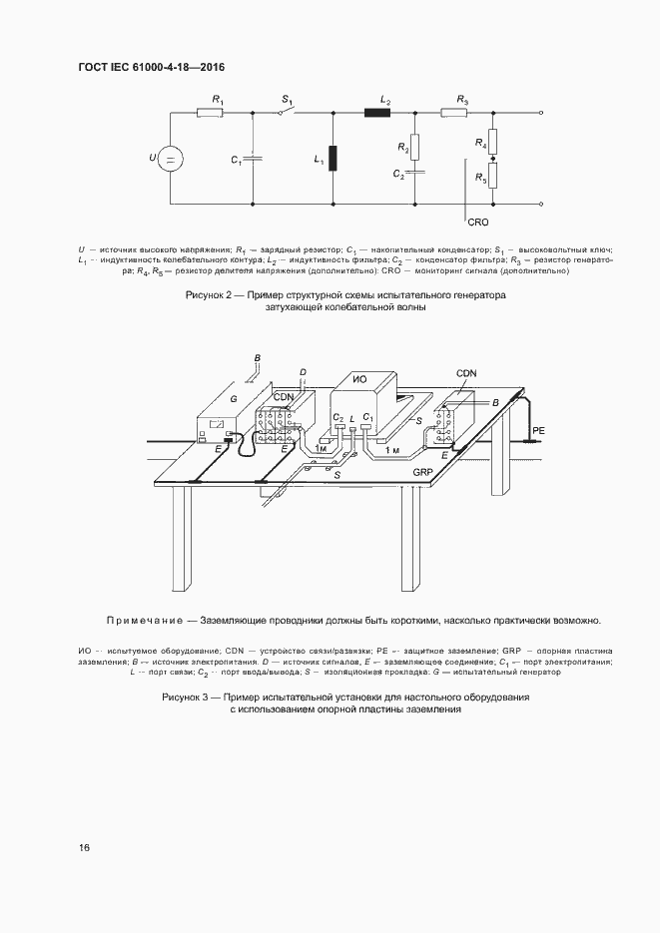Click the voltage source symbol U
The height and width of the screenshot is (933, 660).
pyautogui.click(x=169, y=159)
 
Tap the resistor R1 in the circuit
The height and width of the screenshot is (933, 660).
pyautogui.click(x=210, y=114)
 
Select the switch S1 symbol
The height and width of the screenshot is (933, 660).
pyautogui.click(x=287, y=112)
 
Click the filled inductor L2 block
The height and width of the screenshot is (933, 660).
pyautogui.click(x=377, y=114)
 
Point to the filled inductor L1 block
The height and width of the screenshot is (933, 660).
pyautogui.click(x=332, y=159)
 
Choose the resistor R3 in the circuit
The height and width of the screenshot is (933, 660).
pyautogui.click(x=454, y=114)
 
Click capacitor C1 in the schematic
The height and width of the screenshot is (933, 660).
pyautogui.click(x=253, y=159)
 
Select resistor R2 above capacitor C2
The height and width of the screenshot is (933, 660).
pyautogui.click(x=416, y=148)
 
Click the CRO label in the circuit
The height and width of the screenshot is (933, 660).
pyautogui.click(x=477, y=224)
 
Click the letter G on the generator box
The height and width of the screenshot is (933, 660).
pyautogui.click(x=234, y=398)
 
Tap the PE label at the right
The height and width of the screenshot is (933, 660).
pyautogui.click(x=538, y=429)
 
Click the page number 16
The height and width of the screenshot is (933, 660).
pyautogui.click(x=84, y=848)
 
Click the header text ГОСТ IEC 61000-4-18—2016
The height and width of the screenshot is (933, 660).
pyautogui.click(x=151, y=66)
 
